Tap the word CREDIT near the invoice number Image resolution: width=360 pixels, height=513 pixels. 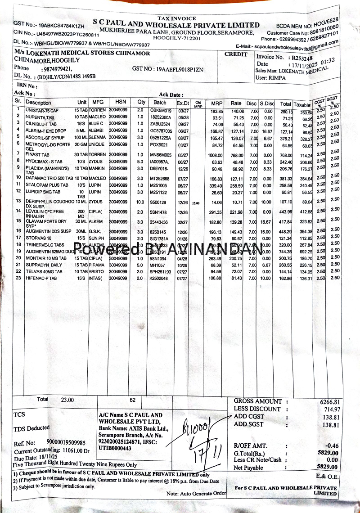click(236, 54)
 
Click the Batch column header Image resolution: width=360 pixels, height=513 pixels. click(160, 103)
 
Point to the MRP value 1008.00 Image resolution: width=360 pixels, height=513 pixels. click(215, 154)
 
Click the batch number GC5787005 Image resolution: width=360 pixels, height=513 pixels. click(161, 131)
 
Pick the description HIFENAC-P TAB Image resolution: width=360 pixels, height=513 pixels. click(41, 279)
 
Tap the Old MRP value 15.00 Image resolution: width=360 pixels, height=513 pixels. click(196, 203)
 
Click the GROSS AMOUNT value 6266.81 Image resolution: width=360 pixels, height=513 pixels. click(330, 402)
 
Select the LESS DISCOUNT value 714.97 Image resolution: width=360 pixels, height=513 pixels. click(332, 409)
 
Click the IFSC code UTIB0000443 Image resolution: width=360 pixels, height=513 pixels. click(115, 448)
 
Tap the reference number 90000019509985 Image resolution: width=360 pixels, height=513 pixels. click(68, 443)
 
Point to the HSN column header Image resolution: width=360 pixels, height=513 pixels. click(121, 102)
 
